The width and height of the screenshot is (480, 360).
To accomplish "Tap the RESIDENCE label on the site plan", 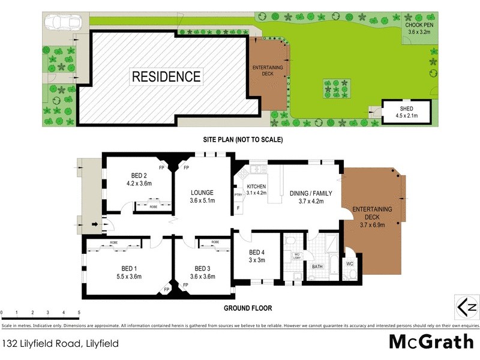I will click(x=166, y=77).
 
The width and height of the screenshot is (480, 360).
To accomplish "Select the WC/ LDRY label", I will click(x=296, y=257).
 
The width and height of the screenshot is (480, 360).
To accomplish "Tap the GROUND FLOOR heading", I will click(x=248, y=308).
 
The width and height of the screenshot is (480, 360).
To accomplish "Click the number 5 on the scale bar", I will click(x=79, y=313).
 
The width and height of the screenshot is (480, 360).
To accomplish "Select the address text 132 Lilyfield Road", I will click(x=41, y=344).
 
